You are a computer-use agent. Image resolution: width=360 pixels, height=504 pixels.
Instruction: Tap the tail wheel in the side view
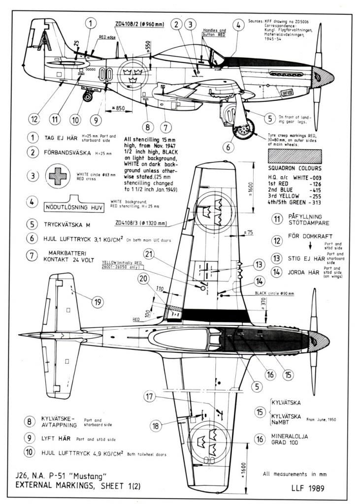pyautogui.click(x=88, y=96)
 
